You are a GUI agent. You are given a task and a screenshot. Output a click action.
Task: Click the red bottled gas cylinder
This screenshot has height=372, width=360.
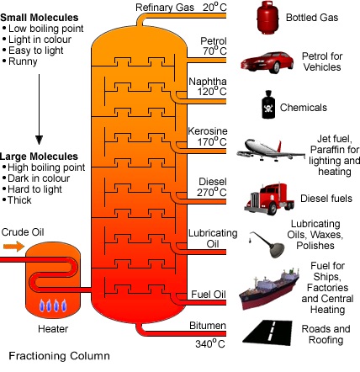[267, 18]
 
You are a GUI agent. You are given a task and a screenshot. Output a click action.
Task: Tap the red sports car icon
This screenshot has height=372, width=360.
[267, 62]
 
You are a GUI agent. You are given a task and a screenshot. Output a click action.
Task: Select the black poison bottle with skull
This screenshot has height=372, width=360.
[268, 104]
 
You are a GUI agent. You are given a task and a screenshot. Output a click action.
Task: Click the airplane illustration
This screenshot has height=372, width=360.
[271, 150]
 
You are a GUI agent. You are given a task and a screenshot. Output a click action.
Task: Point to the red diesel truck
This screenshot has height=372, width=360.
[269, 199]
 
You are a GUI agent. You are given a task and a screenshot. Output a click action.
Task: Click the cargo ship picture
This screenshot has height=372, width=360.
[269, 289]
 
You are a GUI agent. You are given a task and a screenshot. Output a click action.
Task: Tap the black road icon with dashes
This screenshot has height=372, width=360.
[267, 332]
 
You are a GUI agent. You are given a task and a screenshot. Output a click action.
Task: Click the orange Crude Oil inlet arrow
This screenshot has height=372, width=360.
[14, 247]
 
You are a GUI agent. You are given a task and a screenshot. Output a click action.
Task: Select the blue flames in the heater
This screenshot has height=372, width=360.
[53, 306]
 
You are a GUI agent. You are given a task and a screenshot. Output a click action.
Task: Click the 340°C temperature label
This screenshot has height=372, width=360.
[210, 343]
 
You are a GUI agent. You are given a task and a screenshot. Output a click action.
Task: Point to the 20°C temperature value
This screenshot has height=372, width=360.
[214, 7]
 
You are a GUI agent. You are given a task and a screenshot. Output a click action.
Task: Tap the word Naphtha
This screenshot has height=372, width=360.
[208, 82]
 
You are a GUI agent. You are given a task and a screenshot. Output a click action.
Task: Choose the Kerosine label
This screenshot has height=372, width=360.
[208, 131]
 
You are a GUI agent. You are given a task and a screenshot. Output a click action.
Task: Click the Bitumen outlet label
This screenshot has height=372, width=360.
[208, 326]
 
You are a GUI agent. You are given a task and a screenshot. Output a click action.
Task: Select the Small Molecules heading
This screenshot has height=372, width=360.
[40, 18]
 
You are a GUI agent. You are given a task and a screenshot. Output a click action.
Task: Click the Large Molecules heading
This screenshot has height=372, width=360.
[39, 157]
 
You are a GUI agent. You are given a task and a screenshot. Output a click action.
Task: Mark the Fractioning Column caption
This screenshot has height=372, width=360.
[59, 356]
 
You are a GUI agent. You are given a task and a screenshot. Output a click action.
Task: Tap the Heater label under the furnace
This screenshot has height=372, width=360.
[53, 329]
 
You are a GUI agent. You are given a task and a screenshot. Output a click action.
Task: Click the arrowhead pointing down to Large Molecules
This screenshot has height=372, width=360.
[39, 140]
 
